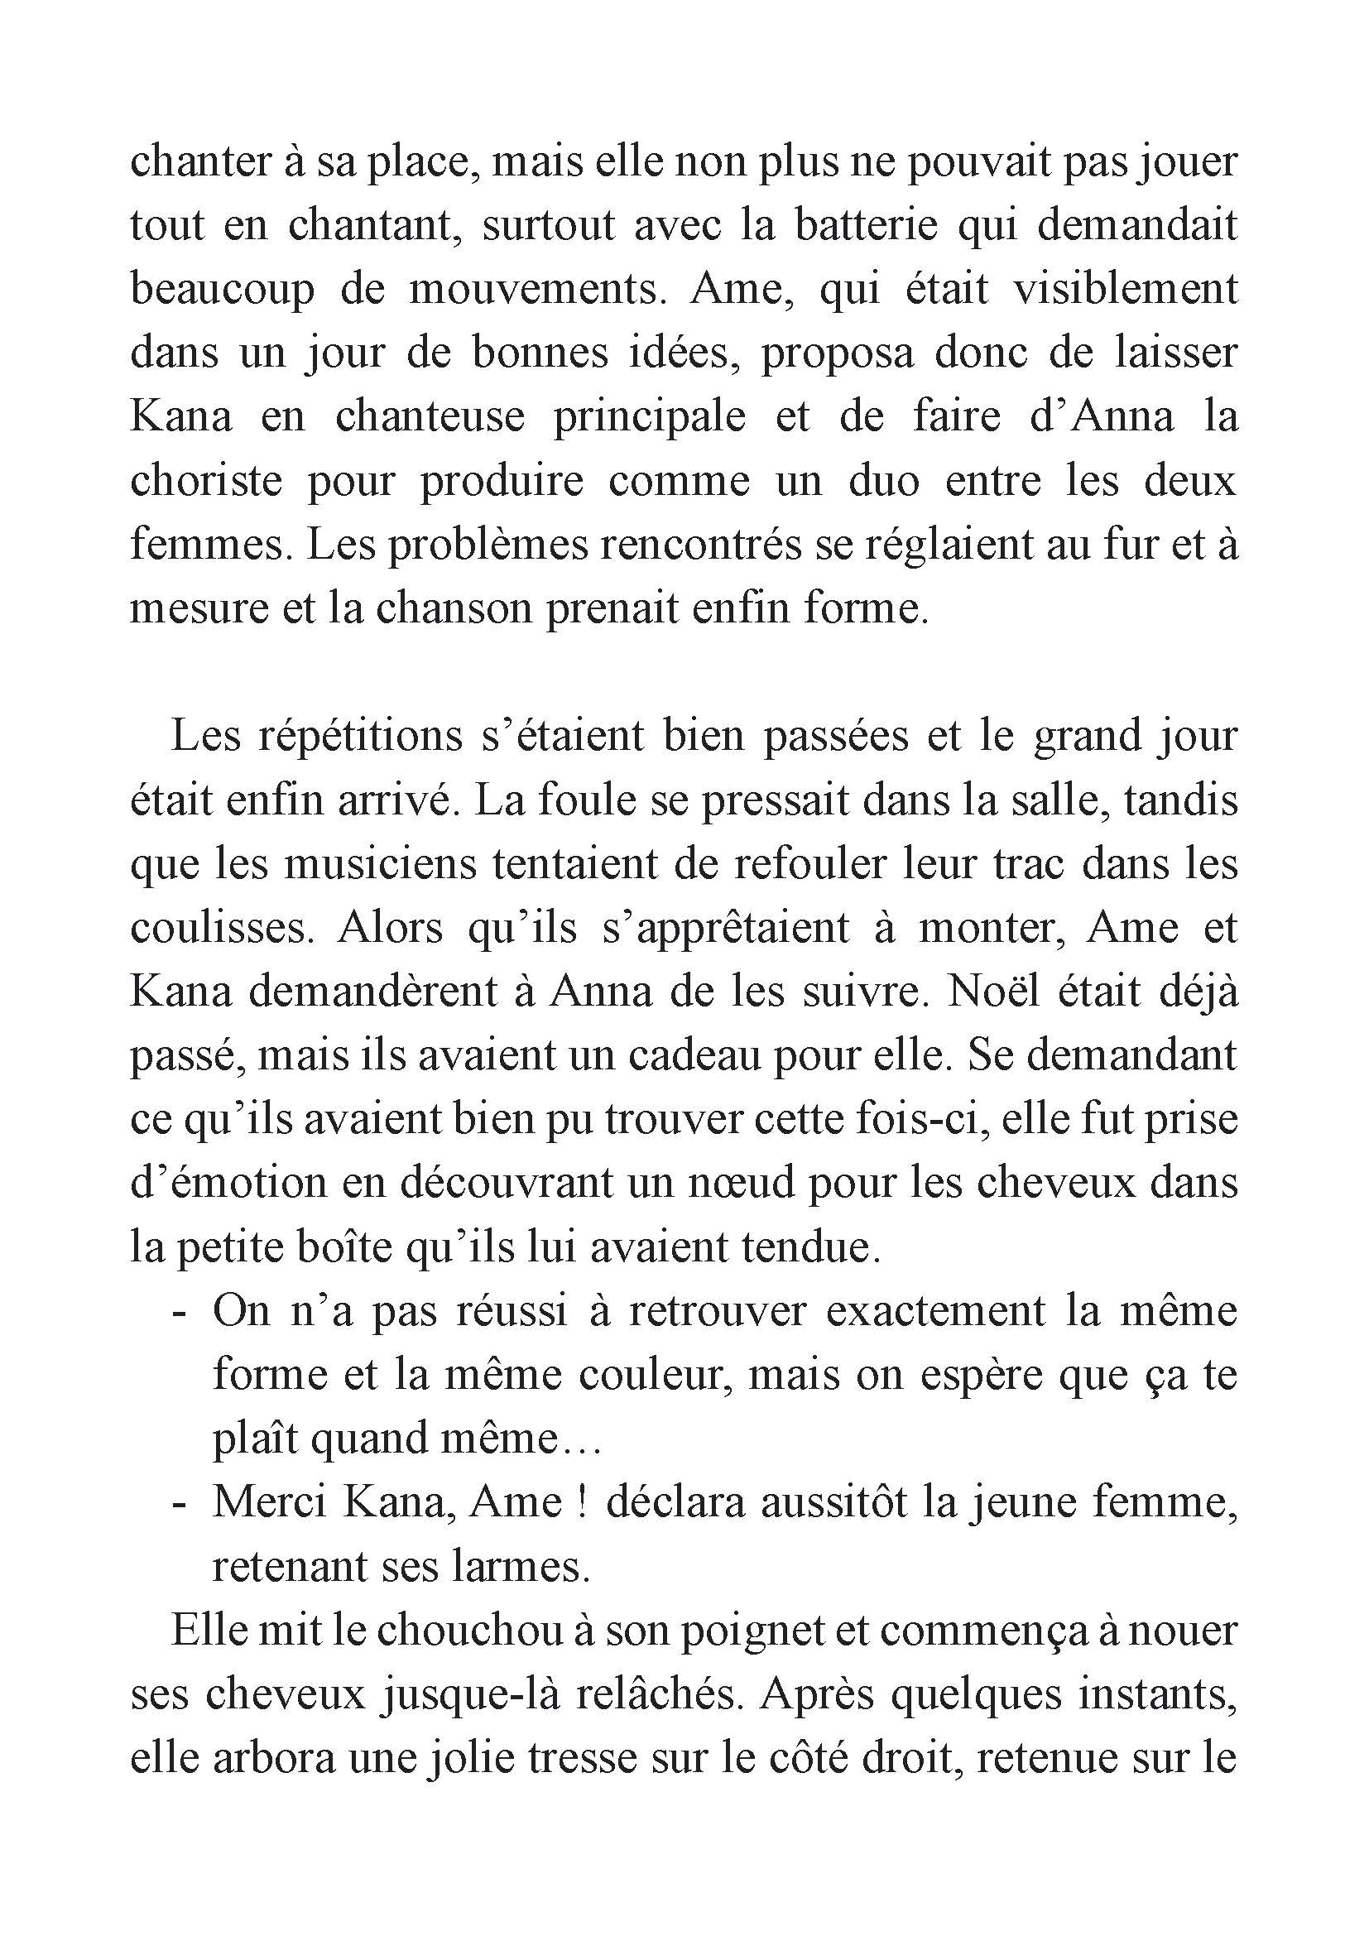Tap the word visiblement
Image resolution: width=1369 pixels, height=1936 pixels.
[x=1125, y=289]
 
